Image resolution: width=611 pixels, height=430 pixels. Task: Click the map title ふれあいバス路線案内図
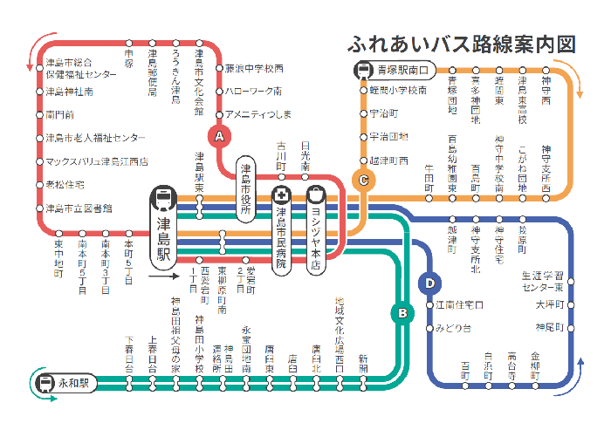tap(462, 44)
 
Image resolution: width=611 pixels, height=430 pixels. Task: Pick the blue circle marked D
tap(429, 283)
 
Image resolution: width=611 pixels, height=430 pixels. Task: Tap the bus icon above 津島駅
tap(163, 198)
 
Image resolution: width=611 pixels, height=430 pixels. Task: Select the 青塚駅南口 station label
tap(402, 70)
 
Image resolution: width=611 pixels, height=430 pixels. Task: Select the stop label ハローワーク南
tap(253, 91)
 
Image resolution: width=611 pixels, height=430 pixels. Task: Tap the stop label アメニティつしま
tap(257, 114)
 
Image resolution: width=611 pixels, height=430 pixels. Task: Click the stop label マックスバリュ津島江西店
tap(96, 161)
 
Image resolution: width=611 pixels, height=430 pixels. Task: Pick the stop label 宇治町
tap(384, 113)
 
